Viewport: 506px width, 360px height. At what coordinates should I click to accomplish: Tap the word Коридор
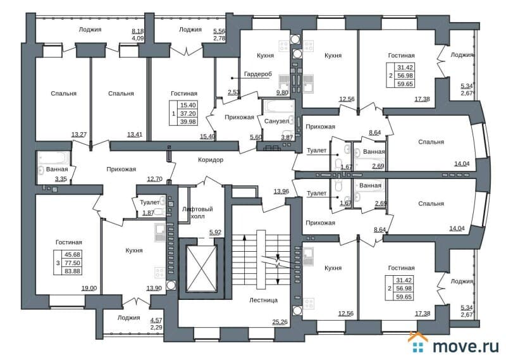coord(211,160)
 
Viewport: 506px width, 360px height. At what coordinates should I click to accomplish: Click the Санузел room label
coord(276,120)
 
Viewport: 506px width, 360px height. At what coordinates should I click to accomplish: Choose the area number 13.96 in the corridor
coord(282,192)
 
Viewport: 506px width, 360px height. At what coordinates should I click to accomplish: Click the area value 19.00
coord(90,288)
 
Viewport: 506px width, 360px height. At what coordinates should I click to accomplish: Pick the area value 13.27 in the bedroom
coord(79,134)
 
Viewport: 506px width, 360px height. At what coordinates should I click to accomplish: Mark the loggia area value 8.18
coord(137,30)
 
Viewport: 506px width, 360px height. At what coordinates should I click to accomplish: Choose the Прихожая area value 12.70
coord(155,179)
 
